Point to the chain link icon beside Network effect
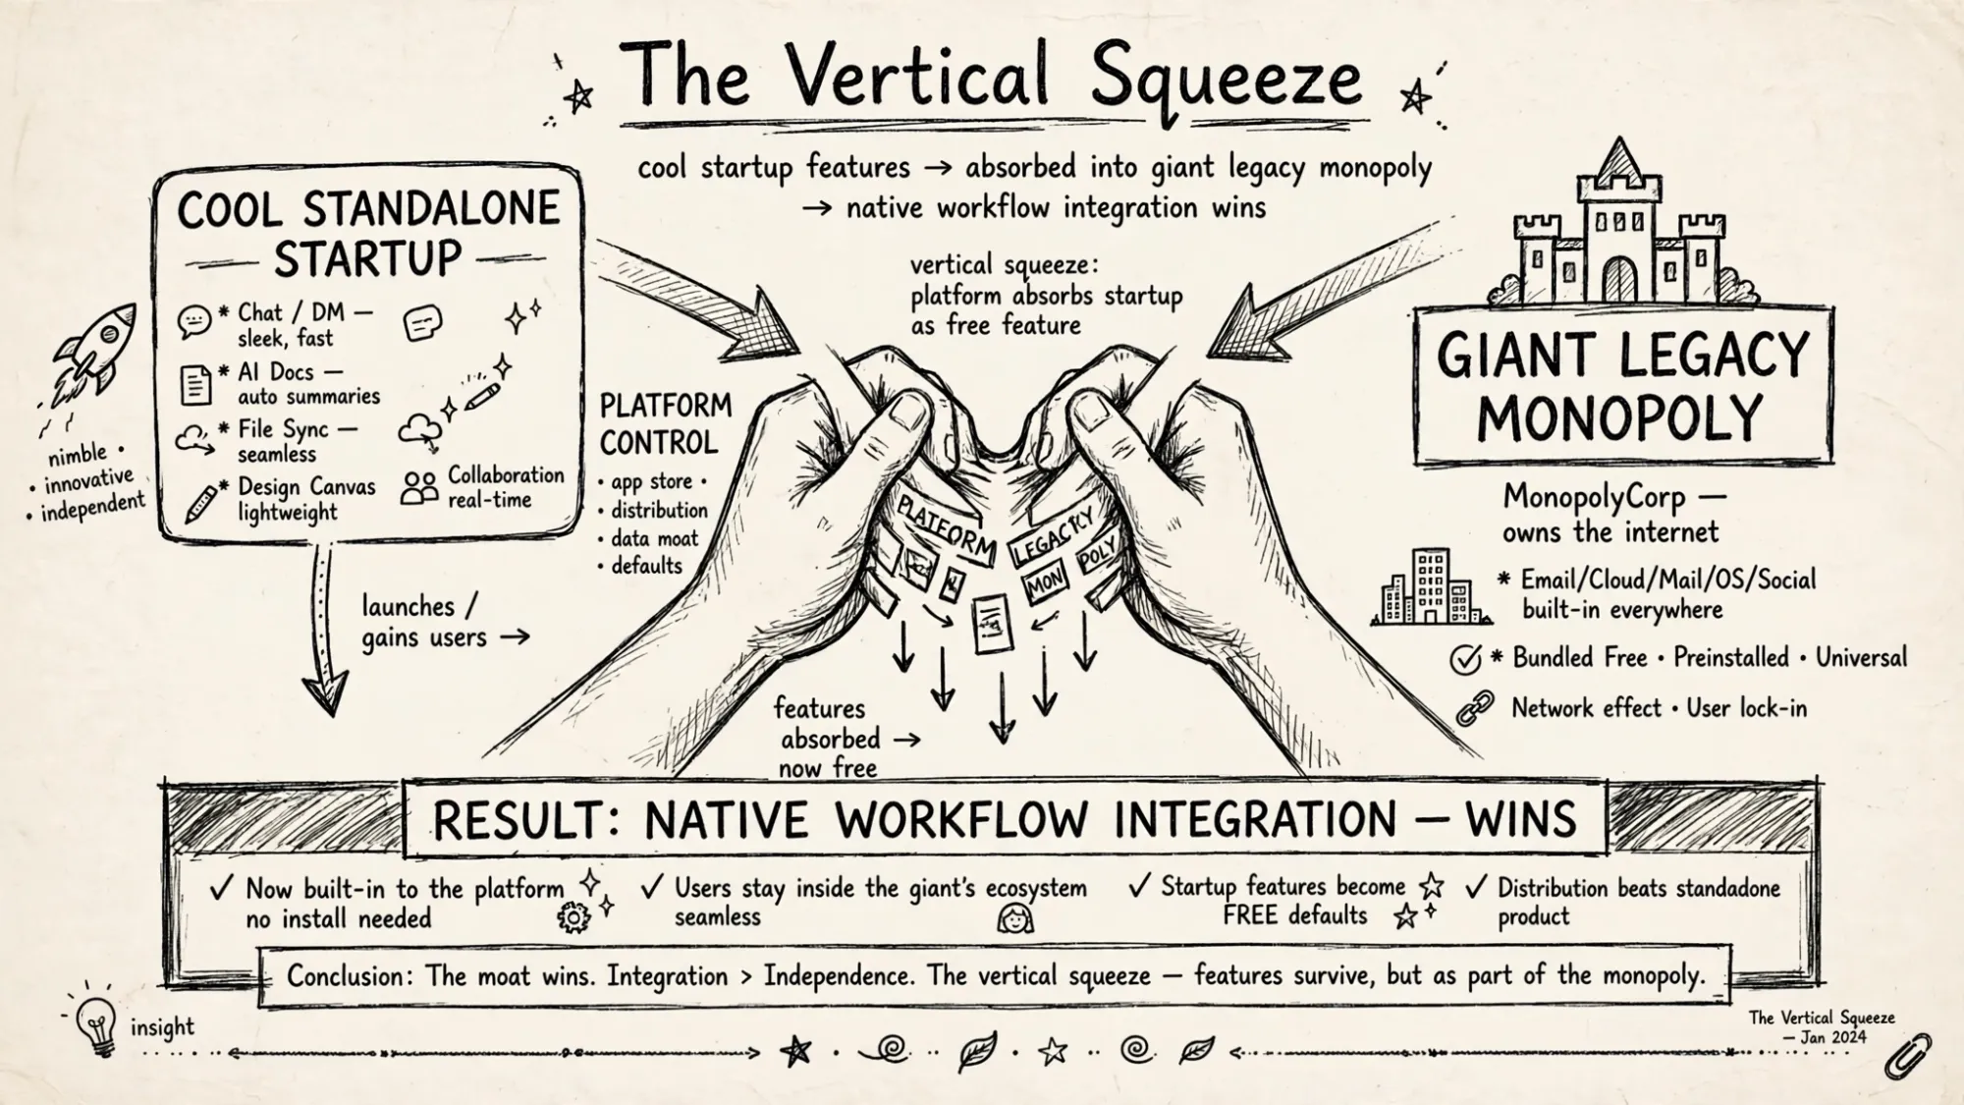(1474, 708)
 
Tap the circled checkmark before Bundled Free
(1465, 659)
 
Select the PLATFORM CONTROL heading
(665, 424)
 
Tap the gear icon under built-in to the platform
(573, 918)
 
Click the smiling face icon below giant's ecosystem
(1014, 918)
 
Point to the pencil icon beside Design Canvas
(202, 502)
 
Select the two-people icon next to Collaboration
(419, 488)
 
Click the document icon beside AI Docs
(195, 384)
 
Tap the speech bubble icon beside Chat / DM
(194, 321)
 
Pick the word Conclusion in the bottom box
(346, 976)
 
